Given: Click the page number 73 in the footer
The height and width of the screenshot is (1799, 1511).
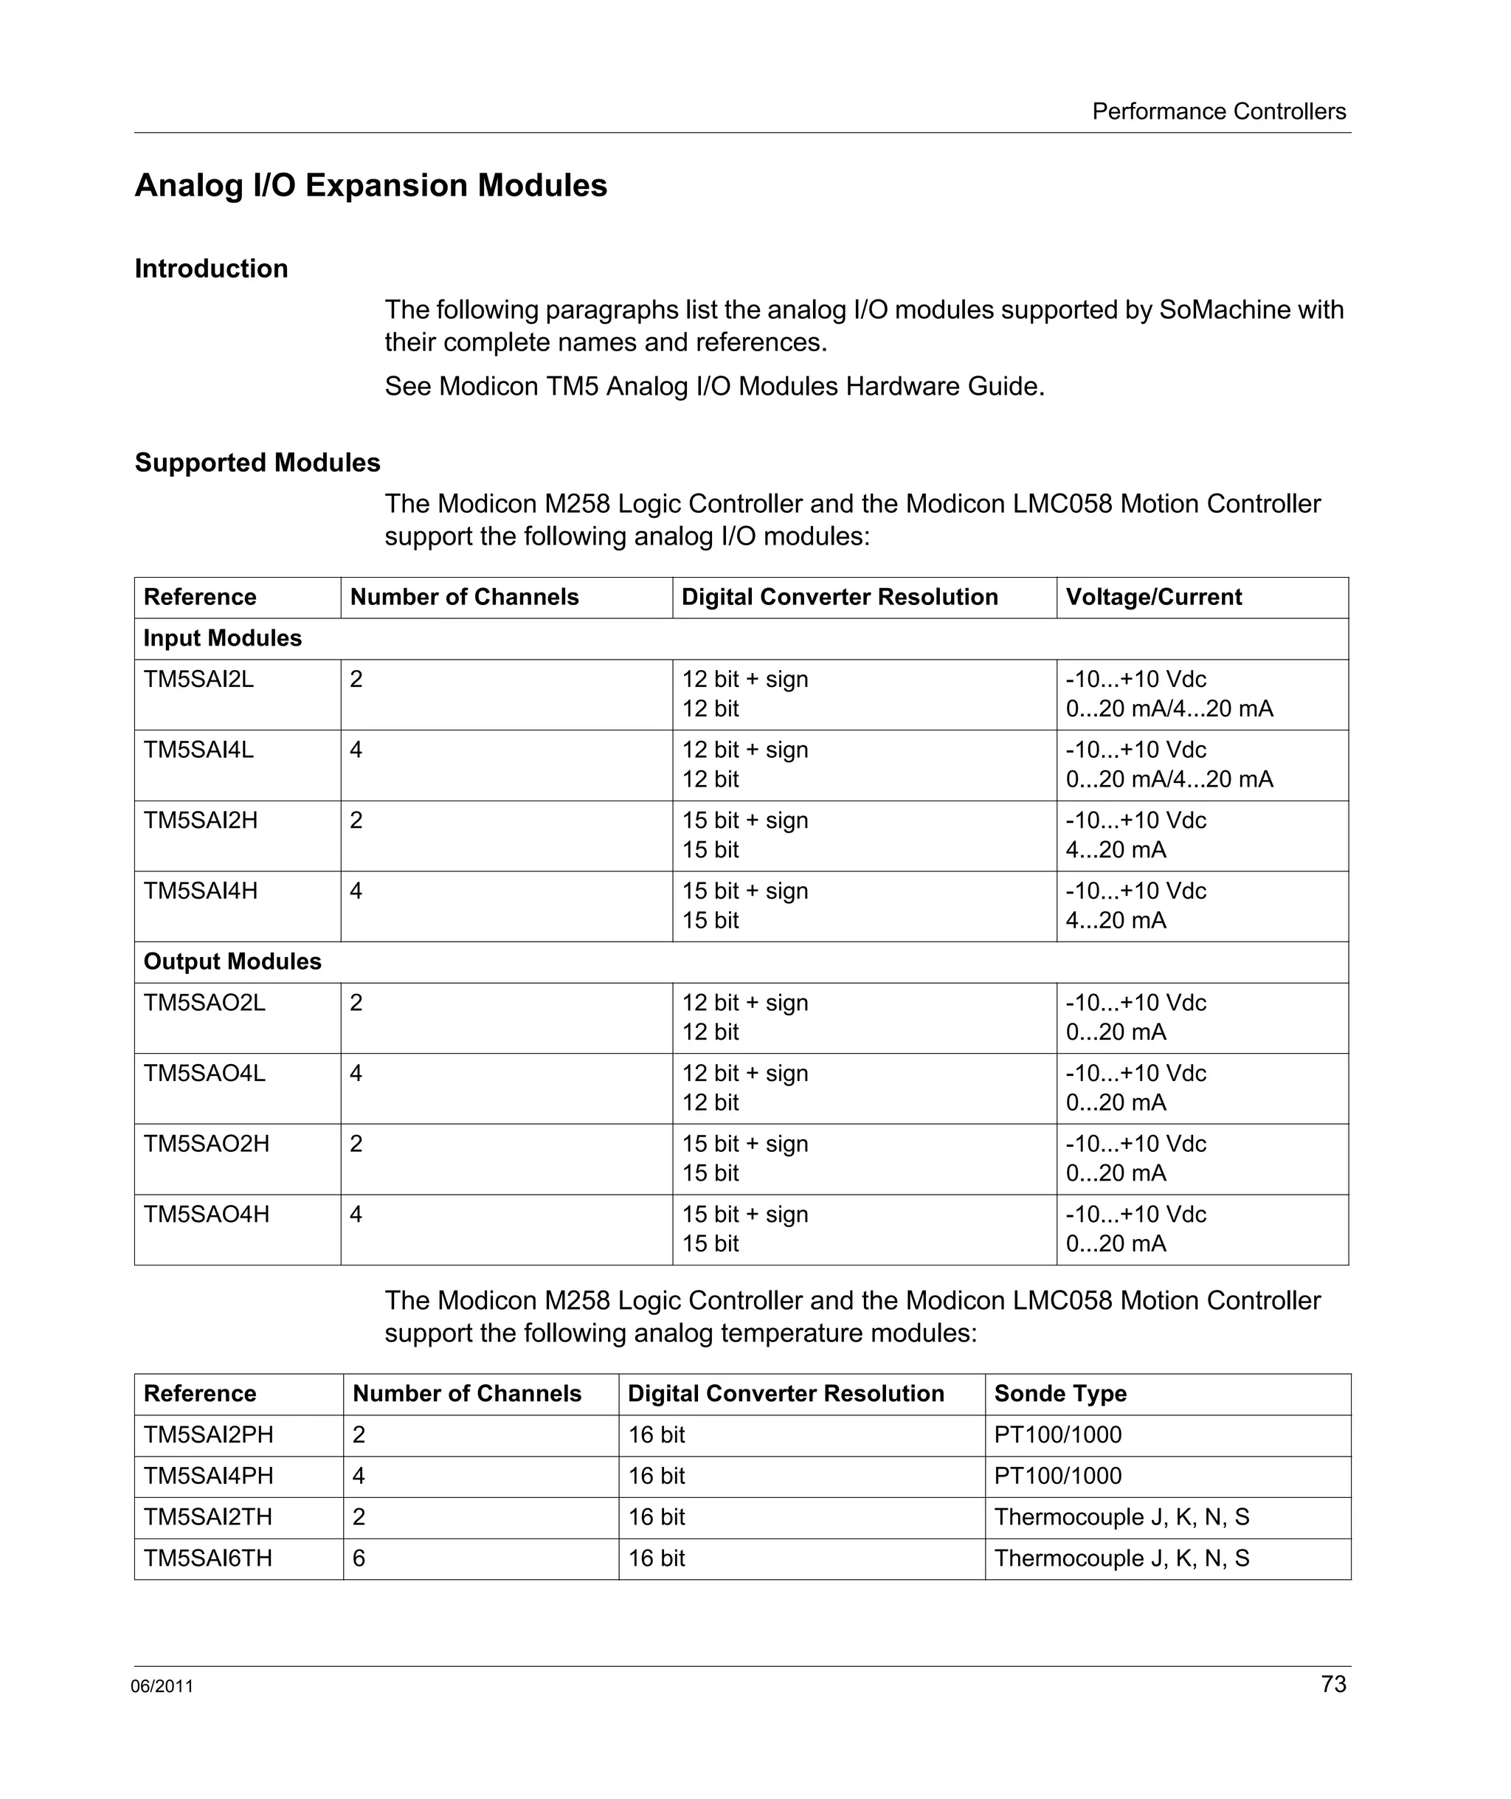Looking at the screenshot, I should coord(1333,1683).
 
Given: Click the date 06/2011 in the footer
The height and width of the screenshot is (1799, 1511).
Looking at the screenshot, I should coord(162,1686).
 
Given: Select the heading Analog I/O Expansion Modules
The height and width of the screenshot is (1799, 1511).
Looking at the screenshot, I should coord(371,186).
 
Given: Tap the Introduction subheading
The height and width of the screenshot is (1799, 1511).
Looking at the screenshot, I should coord(211,269).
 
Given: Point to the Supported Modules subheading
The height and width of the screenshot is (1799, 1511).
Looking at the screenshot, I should coord(257,463).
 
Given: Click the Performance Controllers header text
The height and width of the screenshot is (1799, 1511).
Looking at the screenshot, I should coord(1218,111).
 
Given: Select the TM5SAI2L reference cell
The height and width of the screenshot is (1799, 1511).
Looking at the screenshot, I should coord(198,680).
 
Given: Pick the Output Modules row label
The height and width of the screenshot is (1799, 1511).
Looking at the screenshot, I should coord(232,961).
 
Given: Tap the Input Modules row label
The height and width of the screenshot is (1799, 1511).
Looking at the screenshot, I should coord(223,638).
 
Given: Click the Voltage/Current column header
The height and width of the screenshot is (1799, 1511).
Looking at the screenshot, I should coord(1153,597).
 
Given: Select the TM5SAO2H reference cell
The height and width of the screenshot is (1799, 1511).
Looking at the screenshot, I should coord(207,1144).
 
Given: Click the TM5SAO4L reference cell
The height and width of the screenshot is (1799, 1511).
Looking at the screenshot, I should coord(204,1074).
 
